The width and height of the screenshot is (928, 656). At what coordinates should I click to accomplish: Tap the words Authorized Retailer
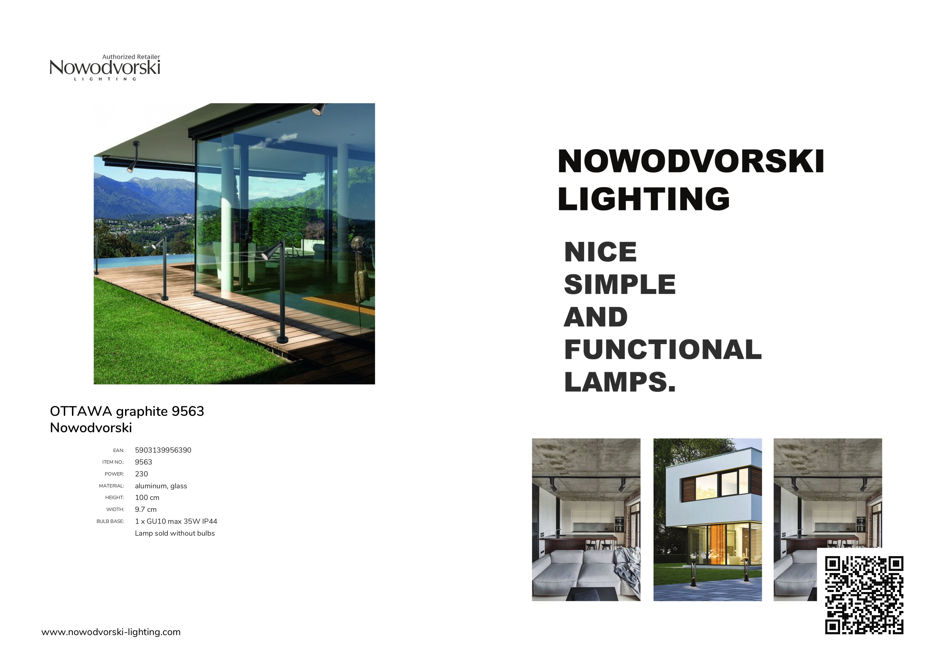point(131,57)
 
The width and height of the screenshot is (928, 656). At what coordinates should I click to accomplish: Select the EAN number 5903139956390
point(163,450)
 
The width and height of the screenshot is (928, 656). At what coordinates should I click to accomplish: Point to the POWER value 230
point(142,474)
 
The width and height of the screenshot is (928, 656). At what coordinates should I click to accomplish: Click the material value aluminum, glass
point(161,486)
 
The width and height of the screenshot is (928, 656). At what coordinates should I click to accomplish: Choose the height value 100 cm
point(147,498)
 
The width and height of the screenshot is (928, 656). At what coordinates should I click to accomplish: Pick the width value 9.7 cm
point(146,509)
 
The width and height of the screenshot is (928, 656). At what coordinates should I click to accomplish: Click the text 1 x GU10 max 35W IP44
point(176,521)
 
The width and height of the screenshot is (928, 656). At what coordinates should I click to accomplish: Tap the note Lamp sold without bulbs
point(175,533)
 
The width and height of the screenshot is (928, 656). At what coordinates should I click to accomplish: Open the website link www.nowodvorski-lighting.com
point(111,632)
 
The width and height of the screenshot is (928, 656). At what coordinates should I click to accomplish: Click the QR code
point(864,595)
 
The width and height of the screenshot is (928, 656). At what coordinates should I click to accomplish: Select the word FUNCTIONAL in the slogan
point(663,349)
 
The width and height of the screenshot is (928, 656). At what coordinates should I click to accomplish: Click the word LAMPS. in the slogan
point(620,382)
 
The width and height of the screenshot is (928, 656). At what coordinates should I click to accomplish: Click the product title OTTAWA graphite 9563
point(127,411)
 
